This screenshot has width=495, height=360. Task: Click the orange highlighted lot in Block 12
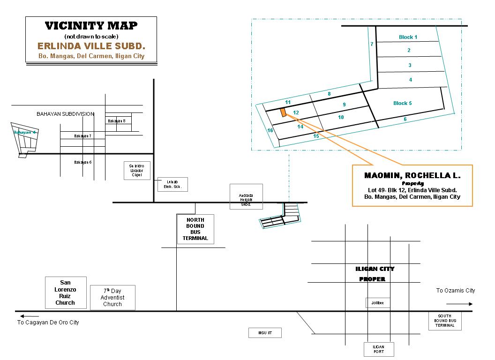coord(283,112)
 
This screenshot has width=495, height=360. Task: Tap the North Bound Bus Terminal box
coord(195,229)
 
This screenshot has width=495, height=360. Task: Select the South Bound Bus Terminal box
coord(445,321)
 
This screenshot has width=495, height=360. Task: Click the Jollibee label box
coord(377,303)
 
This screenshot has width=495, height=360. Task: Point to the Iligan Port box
coord(379,349)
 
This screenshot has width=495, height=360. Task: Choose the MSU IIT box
coord(265,333)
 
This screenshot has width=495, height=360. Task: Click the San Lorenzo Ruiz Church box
coord(65,292)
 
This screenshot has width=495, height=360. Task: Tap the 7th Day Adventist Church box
coord(112,298)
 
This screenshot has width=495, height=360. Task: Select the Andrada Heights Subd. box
coord(246,196)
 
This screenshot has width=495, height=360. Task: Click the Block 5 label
coord(402,103)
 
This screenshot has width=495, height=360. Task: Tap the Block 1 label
coord(408,37)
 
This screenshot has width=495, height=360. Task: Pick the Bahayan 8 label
coord(117,121)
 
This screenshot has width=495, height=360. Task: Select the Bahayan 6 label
coord(83,162)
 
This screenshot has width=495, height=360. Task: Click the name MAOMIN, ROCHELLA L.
coord(412,176)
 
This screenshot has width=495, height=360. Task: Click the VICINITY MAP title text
coord(91,25)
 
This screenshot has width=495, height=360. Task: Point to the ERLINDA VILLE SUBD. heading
coord(91,46)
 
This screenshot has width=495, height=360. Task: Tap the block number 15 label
coord(316,136)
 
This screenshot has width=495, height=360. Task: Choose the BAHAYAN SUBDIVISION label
coord(66,114)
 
